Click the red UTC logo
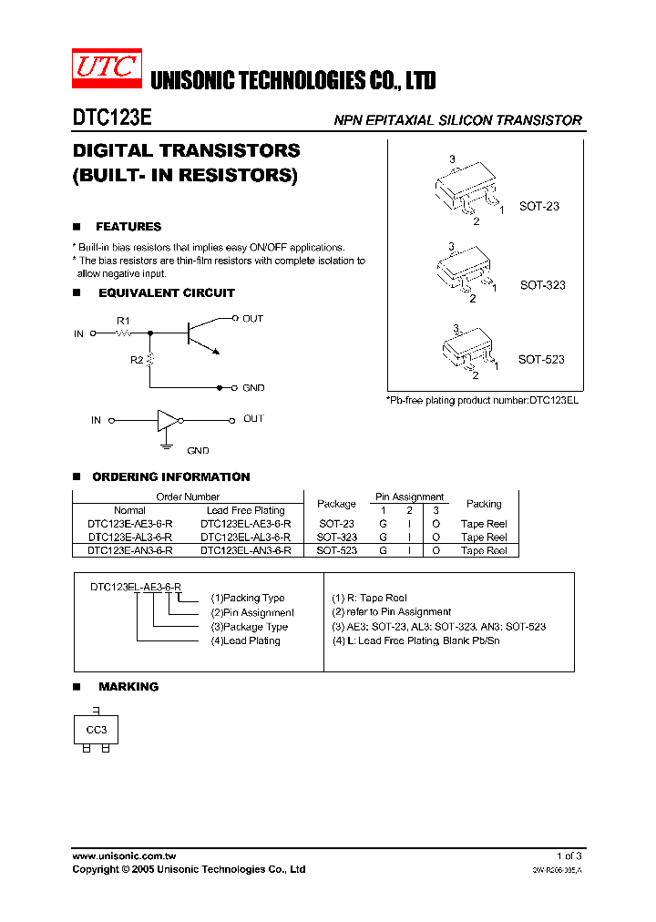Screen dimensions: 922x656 (x=108, y=68)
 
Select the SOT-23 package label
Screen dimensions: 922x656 (x=539, y=206)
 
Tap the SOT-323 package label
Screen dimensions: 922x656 (x=542, y=285)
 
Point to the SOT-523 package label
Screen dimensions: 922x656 (x=541, y=359)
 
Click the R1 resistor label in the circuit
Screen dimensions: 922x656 (x=123, y=320)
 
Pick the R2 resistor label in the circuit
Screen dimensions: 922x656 (x=136, y=360)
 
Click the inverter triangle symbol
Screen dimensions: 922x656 (x=168, y=420)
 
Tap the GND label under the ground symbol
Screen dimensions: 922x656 (x=198, y=450)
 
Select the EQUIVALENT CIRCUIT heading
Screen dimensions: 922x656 (x=166, y=293)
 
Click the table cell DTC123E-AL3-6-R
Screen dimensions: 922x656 (x=129, y=538)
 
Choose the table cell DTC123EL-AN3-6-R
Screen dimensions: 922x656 (x=245, y=550)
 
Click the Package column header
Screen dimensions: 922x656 (x=336, y=504)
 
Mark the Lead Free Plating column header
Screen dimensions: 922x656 (x=245, y=510)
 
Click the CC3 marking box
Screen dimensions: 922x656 (x=97, y=731)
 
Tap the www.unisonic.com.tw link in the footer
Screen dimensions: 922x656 (x=124, y=856)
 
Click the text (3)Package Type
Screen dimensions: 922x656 (x=249, y=627)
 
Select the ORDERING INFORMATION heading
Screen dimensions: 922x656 (x=170, y=476)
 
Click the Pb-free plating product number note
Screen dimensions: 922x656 (x=483, y=401)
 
